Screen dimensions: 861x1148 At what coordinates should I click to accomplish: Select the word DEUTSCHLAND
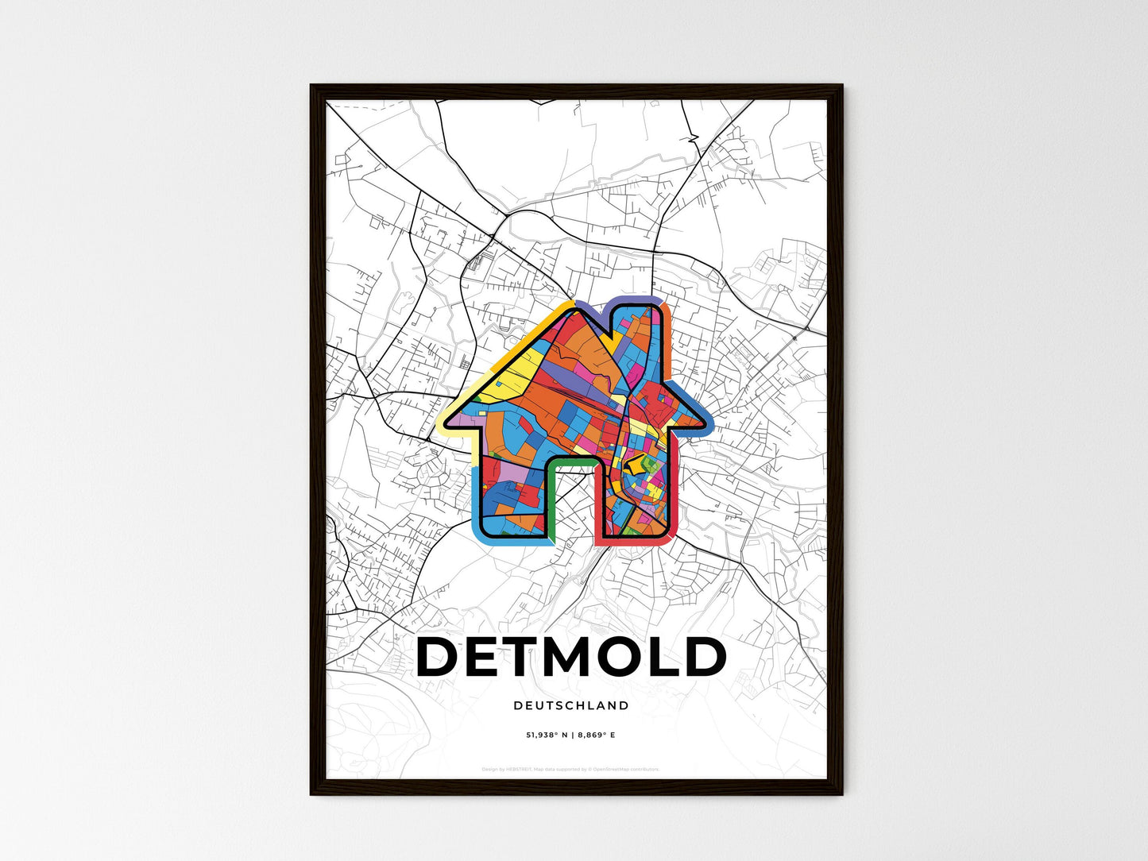pyautogui.click(x=571, y=705)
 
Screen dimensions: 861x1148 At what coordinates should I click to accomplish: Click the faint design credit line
pyautogui.click(x=571, y=769)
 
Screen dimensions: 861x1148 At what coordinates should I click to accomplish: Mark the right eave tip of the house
pyautogui.click(x=709, y=423)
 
